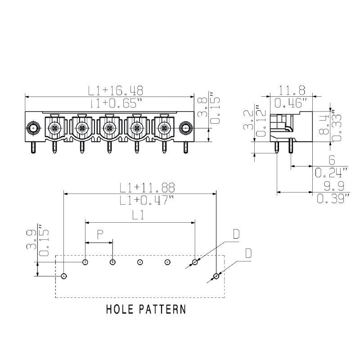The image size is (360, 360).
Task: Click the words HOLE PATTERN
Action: (146, 310)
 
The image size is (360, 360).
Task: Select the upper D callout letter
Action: (236, 234)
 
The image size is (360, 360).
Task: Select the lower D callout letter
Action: (247, 253)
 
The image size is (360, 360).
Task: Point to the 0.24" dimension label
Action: (332, 172)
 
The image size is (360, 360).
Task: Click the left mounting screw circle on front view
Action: (33, 128)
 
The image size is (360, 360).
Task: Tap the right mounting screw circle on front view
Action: (185, 128)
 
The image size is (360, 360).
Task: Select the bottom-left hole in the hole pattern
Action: (64, 275)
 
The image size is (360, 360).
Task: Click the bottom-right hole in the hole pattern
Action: (216, 275)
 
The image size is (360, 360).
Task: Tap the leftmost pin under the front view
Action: (33, 147)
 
